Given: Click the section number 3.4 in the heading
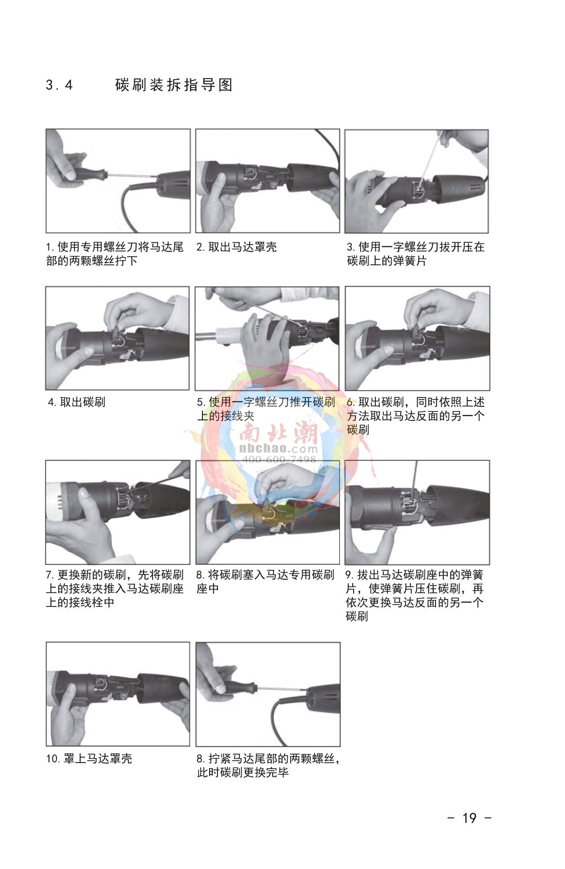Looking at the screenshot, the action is tap(59, 85).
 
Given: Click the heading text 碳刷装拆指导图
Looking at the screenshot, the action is tap(174, 85).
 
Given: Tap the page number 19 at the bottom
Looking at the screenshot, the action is tap(469, 818).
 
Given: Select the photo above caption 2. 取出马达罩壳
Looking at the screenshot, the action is tap(267, 181).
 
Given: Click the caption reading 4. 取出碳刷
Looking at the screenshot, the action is tap(77, 402).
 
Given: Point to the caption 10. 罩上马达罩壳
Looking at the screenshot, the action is tap(89, 758).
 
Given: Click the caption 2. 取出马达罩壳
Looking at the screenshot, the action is tap(236, 247).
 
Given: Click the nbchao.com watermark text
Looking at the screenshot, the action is tap(279, 448).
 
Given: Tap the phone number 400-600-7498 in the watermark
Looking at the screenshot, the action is tap(279, 459).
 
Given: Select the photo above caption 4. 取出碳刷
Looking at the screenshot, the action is tap(117, 338).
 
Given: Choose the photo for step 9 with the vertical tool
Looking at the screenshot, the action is tap(417, 512).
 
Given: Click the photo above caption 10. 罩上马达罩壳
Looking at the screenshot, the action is tap(118, 694).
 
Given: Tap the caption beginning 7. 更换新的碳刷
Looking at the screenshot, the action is tap(114, 589).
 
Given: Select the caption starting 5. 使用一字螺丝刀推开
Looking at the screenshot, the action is tap(266, 409).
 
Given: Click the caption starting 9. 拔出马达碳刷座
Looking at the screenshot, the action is tap(415, 595).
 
